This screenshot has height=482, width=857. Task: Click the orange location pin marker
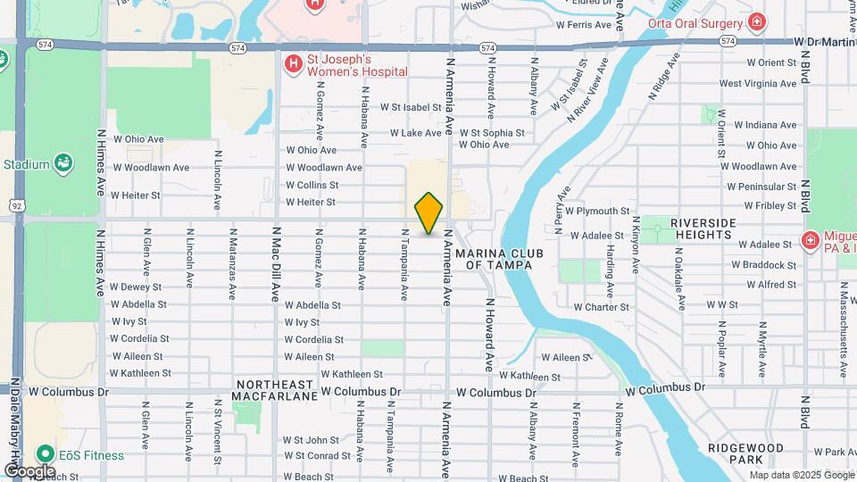click(429, 213)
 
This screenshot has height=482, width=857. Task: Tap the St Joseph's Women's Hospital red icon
click(292, 63)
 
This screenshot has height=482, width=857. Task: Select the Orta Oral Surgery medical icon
click(757, 22)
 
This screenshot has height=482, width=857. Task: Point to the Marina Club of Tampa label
click(499, 259)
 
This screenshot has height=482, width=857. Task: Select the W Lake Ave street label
click(415, 133)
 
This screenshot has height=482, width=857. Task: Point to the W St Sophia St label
click(491, 133)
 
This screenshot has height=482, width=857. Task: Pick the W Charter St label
click(601, 307)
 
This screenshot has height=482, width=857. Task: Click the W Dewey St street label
click(136, 287)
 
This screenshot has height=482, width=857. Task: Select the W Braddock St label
click(763, 265)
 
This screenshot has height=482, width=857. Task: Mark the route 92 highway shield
click(17, 205)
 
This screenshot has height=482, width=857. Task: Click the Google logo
click(30, 470)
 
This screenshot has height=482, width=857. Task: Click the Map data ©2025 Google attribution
click(801, 475)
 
